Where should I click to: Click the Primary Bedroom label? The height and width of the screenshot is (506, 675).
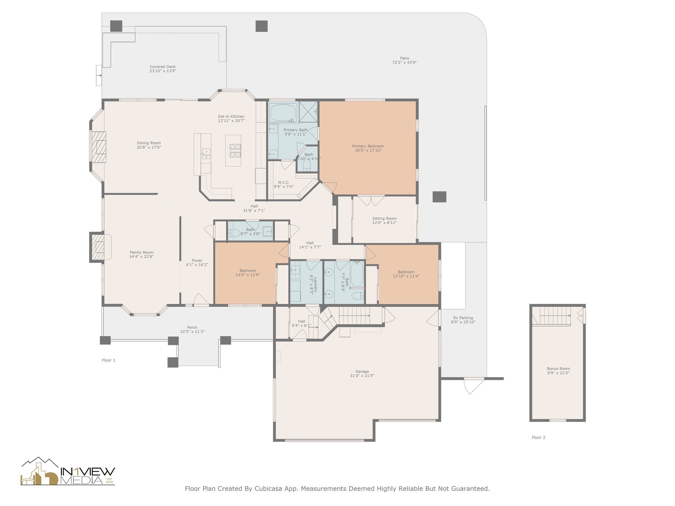[368, 146]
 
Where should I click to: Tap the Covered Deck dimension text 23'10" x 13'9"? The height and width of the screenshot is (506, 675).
[163, 71]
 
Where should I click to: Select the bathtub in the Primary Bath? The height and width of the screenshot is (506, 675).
[283, 113]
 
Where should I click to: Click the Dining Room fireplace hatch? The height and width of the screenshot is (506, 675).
[99, 147]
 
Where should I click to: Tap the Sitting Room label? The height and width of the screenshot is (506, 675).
[384, 218]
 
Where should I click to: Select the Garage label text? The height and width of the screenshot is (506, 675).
[362, 371]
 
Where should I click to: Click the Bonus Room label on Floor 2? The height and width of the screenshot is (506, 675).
[558, 369]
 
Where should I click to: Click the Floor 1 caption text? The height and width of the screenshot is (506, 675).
[108, 360]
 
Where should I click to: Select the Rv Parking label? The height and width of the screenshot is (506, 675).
[463, 318]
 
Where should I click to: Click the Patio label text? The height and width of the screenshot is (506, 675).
[404, 58]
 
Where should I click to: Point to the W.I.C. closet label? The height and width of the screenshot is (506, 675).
[283, 182]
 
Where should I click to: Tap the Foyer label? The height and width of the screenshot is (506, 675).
[197, 261]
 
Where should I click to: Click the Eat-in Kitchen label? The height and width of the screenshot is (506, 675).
[231, 116]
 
